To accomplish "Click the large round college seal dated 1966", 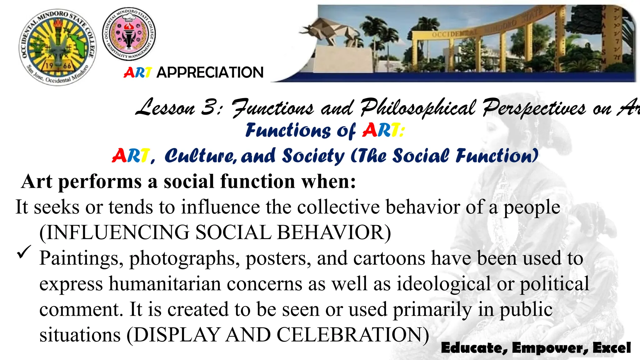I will [x=58, y=47].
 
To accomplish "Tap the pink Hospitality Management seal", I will [x=129, y=34].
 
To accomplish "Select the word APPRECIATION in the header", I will [x=210, y=72].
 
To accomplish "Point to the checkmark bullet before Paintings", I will [x=24, y=252].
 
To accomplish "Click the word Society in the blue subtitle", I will [x=313, y=156].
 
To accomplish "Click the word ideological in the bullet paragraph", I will [x=444, y=284].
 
